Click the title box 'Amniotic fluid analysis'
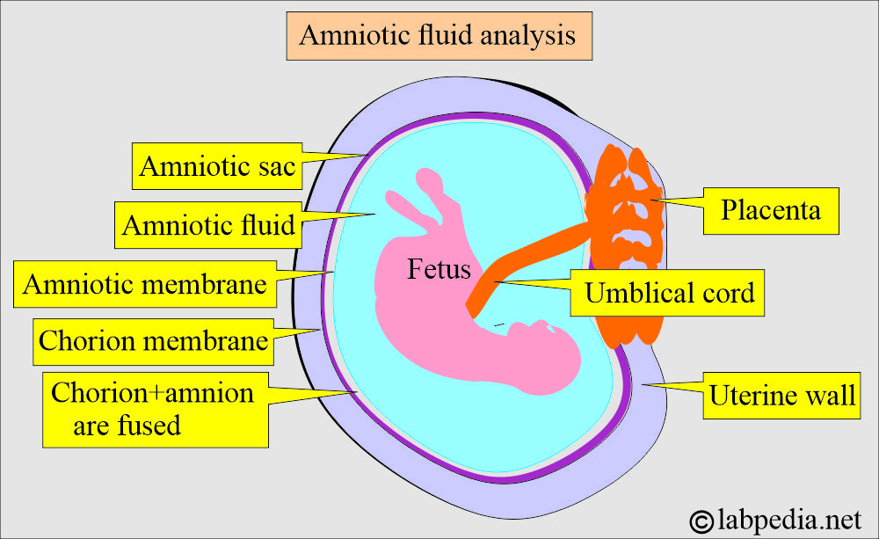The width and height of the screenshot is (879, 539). [x=438, y=36]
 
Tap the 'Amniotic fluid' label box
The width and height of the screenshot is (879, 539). [x=207, y=225]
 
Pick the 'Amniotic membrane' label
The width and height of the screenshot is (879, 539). [x=145, y=284]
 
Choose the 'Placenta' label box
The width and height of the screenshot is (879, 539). [x=770, y=210]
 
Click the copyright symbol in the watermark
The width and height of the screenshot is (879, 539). [x=702, y=519]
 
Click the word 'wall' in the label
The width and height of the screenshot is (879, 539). [x=832, y=395]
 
